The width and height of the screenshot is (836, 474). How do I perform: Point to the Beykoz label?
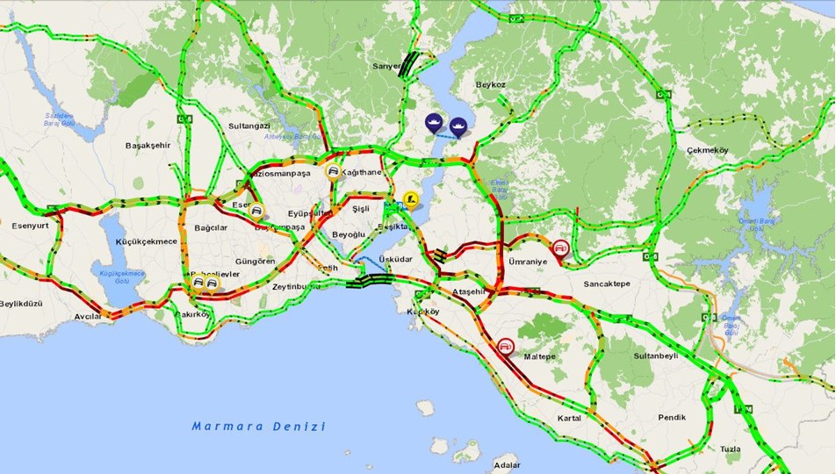pyautogui.click(x=491, y=85)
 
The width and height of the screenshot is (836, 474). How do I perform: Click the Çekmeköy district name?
pyautogui.click(x=708, y=150)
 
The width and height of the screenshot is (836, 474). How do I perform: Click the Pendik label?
pyautogui.click(x=671, y=418)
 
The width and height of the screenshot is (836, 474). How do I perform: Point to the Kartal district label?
pyautogui.click(x=569, y=419)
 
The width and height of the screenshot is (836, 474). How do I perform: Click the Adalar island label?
pyautogui.click(x=508, y=464)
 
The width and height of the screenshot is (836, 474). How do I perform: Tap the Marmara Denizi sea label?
pyautogui.click(x=259, y=427)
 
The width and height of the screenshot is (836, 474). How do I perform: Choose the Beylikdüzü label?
pyautogui.click(x=21, y=304)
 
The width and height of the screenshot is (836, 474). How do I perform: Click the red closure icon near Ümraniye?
pyautogui.click(x=559, y=248)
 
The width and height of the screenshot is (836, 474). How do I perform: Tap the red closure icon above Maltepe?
pyautogui.click(x=506, y=347)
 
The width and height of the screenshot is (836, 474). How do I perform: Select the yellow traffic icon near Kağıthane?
pyautogui.click(x=333, y=172)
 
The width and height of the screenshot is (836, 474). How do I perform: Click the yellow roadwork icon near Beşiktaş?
pyautogui.click(x=409, y=199)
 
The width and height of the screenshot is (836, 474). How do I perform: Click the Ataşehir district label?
pyautogui.click(x=468, y=291)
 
